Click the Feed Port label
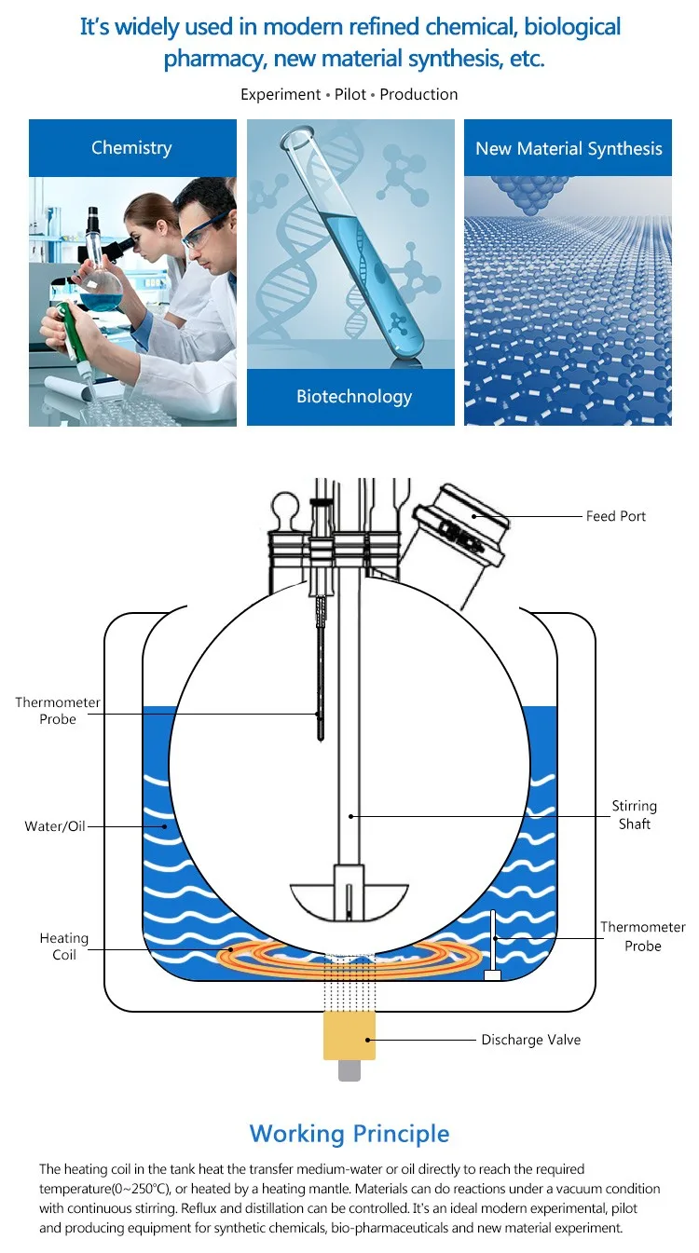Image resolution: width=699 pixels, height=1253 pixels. click(615, 516)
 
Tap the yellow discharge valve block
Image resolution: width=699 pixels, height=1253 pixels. click(349, 1036)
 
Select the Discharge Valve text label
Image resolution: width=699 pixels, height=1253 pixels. click(530, 1040)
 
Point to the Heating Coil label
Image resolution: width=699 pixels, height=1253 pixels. click(64, 947)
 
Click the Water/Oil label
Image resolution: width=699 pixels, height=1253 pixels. click(55, 826)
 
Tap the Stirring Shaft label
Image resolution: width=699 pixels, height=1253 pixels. click(634, 815)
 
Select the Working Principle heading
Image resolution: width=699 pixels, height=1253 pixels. click(349, 1134)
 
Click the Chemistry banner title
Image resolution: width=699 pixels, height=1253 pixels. click(131, 148)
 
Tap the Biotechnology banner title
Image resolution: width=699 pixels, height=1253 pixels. click(353, 397)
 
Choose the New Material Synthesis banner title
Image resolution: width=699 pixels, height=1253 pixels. click(569, 149)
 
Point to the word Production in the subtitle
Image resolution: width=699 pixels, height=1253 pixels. click(418, 94)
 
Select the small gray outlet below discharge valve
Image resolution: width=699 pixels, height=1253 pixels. click(349, 1070)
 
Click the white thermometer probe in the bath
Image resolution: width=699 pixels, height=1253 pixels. click(491, 946)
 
